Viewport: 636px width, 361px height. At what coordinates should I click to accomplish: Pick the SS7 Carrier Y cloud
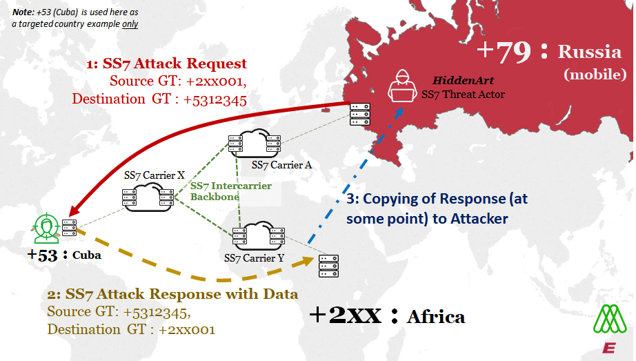pyautogui.click(x=255, y=235)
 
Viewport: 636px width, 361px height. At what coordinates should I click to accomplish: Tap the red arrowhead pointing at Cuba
pyautogui.click(x=73, y=211)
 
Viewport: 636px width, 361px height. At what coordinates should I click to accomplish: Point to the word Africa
pyautogui.click(x=436, y=317)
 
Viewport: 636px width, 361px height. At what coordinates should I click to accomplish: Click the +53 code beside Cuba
pyautogui.click(x=43, y=254)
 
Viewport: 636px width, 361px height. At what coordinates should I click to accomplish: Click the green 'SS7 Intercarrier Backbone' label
pyautogui.click(x=230, y=191)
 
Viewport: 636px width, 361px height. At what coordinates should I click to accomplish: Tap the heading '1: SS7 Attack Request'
pyautogui.click(x=166, y=64)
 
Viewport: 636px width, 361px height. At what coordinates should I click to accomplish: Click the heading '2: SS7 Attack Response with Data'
pyautogui.click(x=172, y=294)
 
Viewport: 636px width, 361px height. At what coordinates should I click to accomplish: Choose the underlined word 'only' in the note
pyautogui.click(x=130, y=23)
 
